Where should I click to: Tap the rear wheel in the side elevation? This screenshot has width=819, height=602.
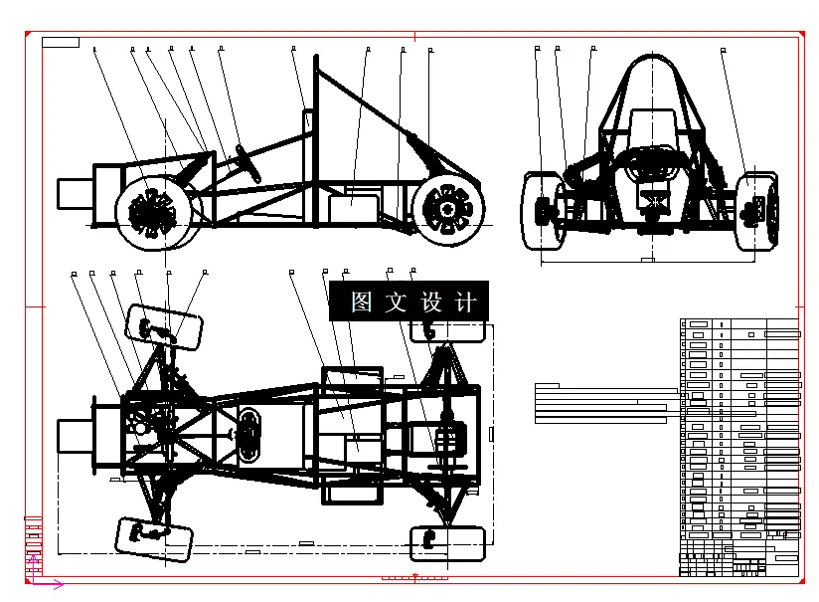449,209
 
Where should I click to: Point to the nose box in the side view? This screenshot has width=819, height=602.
75,193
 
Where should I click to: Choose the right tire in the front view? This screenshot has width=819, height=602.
758,209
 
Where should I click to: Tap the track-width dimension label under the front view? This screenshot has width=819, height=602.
647,260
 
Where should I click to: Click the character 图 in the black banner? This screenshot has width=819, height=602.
361,301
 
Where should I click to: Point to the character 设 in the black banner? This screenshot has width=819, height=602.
430,301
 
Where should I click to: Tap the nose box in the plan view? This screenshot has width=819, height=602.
75,435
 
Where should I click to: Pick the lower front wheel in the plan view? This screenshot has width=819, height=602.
154,534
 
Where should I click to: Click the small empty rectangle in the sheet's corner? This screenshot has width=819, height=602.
61,42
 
